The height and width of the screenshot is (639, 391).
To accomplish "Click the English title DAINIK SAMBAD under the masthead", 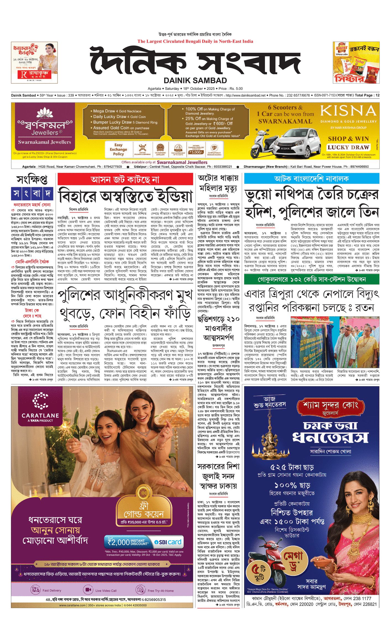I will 195,81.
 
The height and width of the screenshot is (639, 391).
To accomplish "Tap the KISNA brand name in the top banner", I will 348,111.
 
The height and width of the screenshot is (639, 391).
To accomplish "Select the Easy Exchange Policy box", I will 118,149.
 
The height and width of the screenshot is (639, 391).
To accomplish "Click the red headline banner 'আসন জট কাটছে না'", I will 125,179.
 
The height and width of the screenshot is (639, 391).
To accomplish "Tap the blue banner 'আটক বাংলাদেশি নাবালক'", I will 311,179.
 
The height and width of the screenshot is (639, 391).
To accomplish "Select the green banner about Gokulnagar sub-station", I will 311,279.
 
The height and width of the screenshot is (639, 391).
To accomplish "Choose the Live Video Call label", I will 106,591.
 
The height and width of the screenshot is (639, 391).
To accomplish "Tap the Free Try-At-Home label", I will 161,591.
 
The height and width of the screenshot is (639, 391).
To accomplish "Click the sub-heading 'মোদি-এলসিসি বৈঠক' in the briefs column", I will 32,262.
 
